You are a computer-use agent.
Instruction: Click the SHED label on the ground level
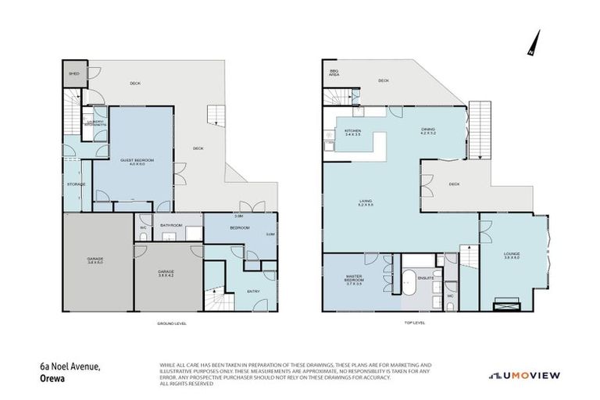[x=74, y=73]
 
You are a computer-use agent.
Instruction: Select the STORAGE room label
[x=76, y=184]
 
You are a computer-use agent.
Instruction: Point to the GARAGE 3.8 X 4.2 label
[x=165, y=273]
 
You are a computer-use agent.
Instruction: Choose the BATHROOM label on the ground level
[x=171, y=226]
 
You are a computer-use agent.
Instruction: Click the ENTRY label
[x=253, y=291]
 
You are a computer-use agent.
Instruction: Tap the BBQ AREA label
[x=334, y=75]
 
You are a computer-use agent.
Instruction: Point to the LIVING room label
[x=366, y=202]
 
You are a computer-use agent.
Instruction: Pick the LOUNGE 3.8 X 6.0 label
[x=512, y=256]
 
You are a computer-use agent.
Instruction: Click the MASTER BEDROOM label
[x=354, y=280]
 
